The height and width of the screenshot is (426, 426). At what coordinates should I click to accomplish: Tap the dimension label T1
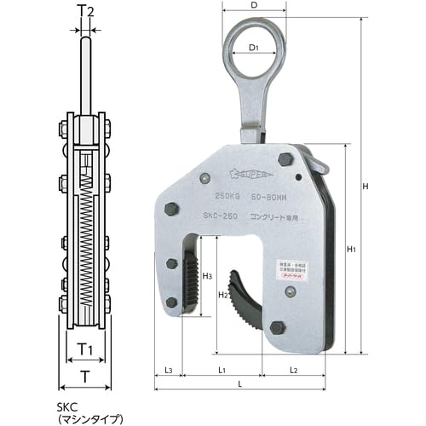point(84,348)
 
